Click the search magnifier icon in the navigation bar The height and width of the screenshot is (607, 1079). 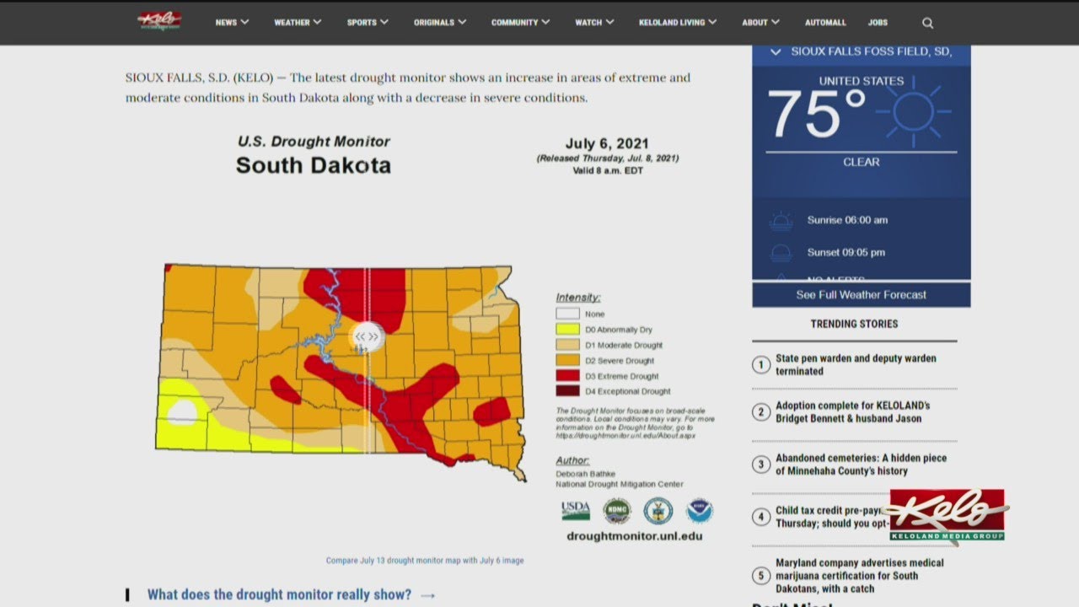tap(927, 23)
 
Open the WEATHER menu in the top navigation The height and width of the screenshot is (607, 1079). tap(297, 23)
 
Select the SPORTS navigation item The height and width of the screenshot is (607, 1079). tap(367, 23)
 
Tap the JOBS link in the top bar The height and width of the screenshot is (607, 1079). tap(878, 23)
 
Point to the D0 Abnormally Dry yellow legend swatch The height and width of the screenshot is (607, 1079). tap(567, 330)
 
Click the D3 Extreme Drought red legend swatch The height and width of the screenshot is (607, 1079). tap(567, 376)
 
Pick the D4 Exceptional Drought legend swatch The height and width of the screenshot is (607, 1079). tap(567, 391)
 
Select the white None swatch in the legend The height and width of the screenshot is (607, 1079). tap(567, 314)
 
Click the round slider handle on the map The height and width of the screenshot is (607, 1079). tap(367, 336)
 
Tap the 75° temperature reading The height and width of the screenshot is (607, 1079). tap(815, 114)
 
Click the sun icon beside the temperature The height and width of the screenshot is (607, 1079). tap(913, 112)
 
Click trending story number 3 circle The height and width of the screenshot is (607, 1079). tap(760, 465)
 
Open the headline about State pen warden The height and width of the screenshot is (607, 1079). tap(855, 364)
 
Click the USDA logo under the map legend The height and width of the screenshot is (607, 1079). tap(576, 510)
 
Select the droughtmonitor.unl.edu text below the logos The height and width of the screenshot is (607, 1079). tap(634, 536)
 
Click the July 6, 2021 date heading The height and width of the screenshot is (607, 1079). tap(607, 143)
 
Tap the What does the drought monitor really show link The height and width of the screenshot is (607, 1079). tap(280, 594)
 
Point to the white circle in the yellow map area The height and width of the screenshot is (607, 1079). tap(183, 413)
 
